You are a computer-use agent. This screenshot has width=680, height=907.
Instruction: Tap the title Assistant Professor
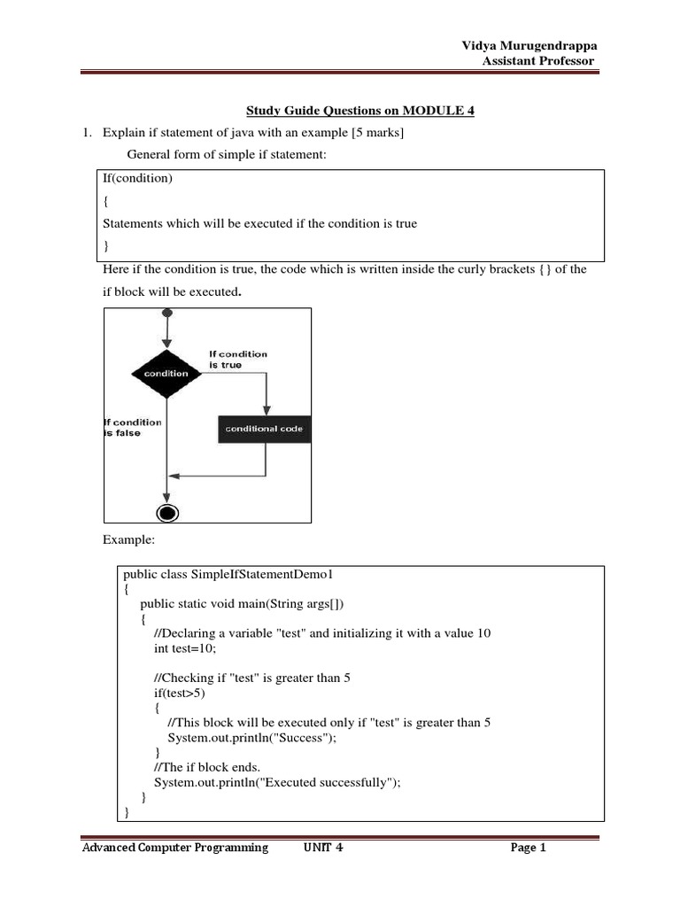tap(537, 60)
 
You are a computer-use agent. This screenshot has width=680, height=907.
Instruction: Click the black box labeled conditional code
tap(264, 429)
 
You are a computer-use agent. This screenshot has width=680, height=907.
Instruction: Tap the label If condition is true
tap(237, 359)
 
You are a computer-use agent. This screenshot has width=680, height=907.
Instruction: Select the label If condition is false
tap(133, 428)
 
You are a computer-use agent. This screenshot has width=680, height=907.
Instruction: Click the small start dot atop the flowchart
tap(167, 314)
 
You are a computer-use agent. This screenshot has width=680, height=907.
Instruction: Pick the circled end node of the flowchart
tap(166, 513)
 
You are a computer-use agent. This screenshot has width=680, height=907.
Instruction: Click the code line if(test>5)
tap(179, 693)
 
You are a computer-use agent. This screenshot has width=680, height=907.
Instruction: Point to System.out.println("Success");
tap(252, 737)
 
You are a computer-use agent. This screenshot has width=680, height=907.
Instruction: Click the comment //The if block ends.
tap(206, 766)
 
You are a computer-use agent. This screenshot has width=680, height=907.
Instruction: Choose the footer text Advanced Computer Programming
tap(175, 848)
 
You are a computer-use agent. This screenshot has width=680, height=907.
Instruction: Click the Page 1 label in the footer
tap(529, 848)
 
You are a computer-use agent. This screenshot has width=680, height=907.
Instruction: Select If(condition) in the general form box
tap(138, 179)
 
